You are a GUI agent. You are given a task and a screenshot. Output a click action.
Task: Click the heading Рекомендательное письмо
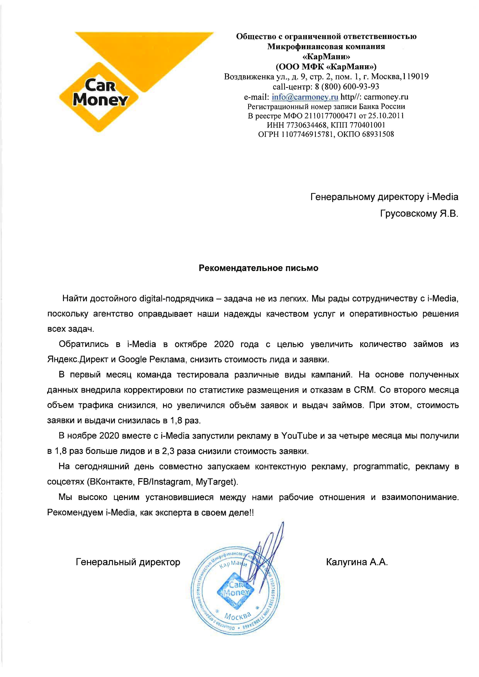[x=258, y=268]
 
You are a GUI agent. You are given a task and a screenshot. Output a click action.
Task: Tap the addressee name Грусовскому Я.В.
[x=419, y=214]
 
